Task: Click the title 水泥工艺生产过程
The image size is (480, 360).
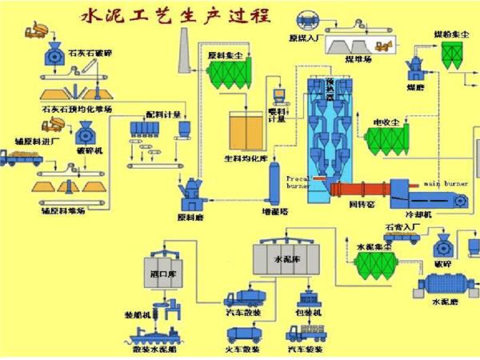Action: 171,15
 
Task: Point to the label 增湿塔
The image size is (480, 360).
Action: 274,215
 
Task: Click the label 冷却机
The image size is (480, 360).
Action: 418,215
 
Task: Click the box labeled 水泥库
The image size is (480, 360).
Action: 285,261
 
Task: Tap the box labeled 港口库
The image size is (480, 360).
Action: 162,274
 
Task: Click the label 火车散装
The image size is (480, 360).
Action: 239,350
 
